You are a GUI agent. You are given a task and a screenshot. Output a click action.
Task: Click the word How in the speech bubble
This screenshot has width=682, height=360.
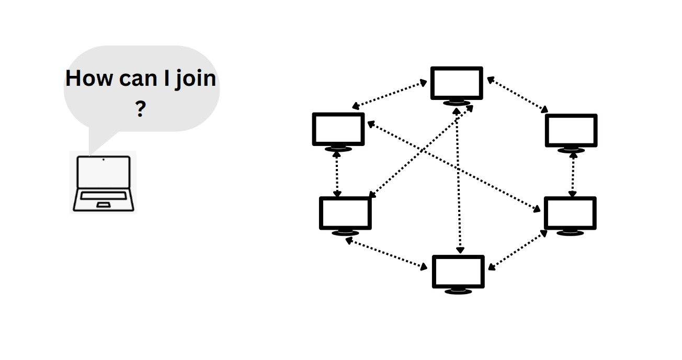pyautogui.click(x=89, y=78)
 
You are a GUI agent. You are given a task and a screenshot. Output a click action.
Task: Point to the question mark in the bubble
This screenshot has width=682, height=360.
pyautogui.click(x=140, y=109)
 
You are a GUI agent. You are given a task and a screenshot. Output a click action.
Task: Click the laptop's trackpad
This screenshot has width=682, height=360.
pyautogui.click(x=103, y=205)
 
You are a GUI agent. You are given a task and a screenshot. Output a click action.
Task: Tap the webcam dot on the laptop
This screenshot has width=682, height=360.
pyautogui.click(x=103, y=159)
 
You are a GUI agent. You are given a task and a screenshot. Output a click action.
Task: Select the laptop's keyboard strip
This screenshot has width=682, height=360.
pyautogui.click(x=103, y=196)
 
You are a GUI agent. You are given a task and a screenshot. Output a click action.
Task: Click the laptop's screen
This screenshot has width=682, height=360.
pyautogui.click(x=103, y=173)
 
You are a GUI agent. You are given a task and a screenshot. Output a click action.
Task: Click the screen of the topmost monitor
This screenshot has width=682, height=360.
pyautogui.click(x=457, y=83)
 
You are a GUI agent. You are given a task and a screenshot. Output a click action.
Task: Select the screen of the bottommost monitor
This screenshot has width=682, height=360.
pyautogui.click(x=458, y=271)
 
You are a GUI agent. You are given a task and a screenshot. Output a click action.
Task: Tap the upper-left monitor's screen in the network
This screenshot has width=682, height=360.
pyautogui.click(x=338, y=129)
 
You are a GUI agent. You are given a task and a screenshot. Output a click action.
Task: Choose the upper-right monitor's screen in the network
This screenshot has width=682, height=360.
pyautogui.click(x=571, y=130)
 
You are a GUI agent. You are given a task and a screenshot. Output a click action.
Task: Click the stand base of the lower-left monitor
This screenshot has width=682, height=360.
pyautogui.click(x=345, y=232)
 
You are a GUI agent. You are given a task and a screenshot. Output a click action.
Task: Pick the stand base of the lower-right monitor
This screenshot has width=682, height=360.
pyautogui.click(x=570, y=232)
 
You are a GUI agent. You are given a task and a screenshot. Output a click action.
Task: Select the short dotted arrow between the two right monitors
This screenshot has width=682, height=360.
pyautogui.click(x=573, y=175)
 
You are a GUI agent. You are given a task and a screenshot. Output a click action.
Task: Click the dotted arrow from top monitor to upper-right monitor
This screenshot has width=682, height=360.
pyautogui.click(x=518, y=95)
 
